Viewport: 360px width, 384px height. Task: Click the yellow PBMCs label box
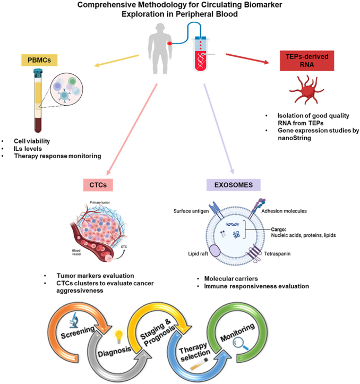pyautogui.click(x=39, y=60)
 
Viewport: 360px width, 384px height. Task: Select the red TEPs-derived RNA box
pyautogui.click(x=307, y=61)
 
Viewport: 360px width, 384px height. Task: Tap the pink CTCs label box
pyautogui.click(x=98, y=185)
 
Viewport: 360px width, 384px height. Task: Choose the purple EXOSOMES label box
pyautogui.click(x=234, y=185)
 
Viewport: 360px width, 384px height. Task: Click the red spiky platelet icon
pyautogui.click(x=306, y=89)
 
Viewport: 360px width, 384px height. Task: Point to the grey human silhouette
pyautogui.click(x=160, y=48)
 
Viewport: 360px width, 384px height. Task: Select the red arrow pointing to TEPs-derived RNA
pyautogui.click(x=247, y=59)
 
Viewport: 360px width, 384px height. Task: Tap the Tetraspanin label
pyautogui.click(x=277, y=254)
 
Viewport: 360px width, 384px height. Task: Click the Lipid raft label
pyautogui.click(x=198, y=254)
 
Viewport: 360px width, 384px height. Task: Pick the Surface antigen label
pyautogui.click(x=191, y=211)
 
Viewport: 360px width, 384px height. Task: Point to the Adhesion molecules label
pyautogui.click(x=284, y=211)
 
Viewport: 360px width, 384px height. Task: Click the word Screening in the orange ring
pyautogui.click(x=78, y=332)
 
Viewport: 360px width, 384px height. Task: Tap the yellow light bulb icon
pyautogui.click(x=119, y=337)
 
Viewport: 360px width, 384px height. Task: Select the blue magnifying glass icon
pyautogui.click(x=240, y=343)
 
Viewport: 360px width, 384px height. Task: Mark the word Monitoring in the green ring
pyautogui.click(x=237, y=332)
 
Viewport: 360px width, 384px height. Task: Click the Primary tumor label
pyautogui.click(x=100, y=202)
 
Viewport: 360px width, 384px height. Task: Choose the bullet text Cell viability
pyautogui.click(x=32, y=141)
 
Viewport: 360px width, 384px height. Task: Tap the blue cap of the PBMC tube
pyautogui.click(x=38, y=72)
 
